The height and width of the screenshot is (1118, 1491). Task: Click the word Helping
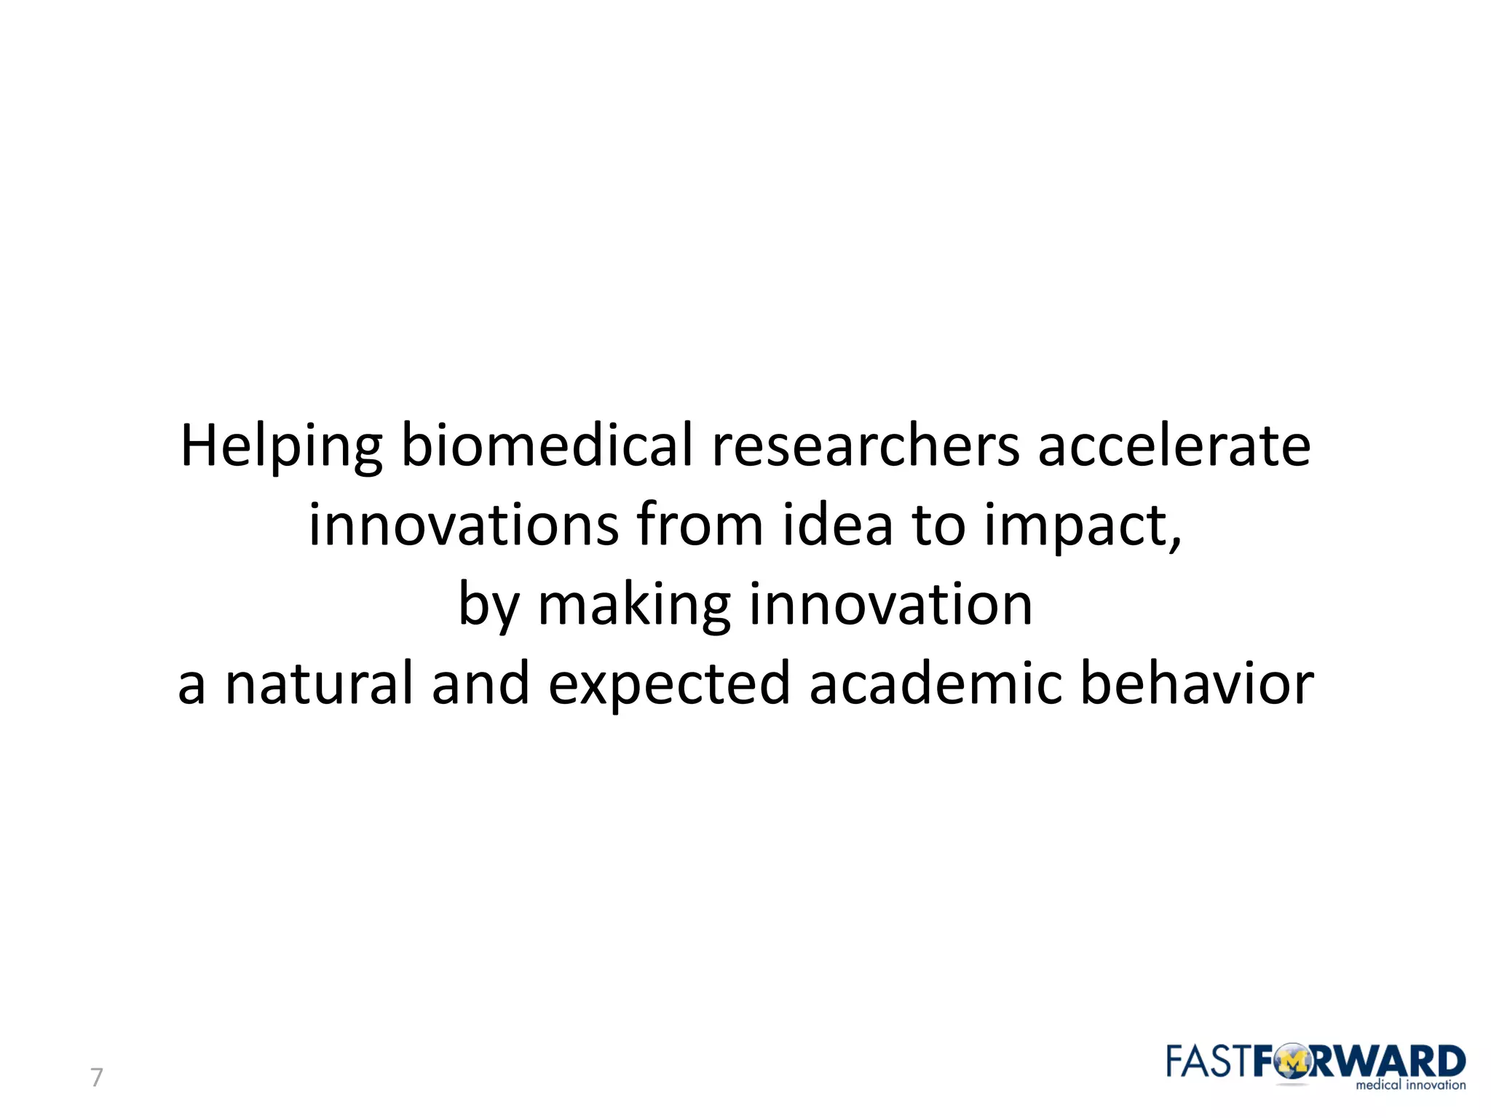click(280, 446)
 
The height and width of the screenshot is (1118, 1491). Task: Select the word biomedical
click(547, 445)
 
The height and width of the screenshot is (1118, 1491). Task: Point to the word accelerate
click(1174, 445)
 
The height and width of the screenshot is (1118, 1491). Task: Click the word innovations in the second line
click(463, 525)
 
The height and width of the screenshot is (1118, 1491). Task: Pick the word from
click(699, 525)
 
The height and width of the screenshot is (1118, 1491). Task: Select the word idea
click(837, 525)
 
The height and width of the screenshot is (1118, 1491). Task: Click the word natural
click(319, 683)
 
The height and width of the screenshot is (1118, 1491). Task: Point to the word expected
click(668, 685)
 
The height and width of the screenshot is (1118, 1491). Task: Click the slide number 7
click(96, 1077)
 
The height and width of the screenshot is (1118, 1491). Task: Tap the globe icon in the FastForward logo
click(1292, 1063)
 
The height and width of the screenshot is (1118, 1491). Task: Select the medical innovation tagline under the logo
click(1410, 1085)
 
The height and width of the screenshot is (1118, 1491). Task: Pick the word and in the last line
click(480, 683)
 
